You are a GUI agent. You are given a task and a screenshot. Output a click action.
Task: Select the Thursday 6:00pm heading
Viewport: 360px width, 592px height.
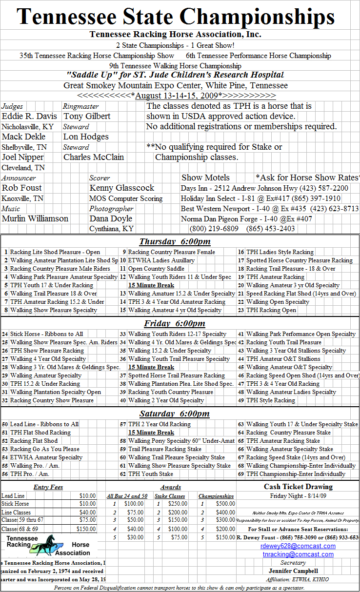point(175,242)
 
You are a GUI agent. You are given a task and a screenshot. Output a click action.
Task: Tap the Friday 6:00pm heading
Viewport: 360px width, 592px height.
point(175,324)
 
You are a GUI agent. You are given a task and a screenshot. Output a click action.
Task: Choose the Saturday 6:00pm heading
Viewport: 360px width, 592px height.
point(175,414)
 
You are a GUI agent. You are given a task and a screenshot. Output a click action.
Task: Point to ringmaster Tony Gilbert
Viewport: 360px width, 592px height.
point(87,117)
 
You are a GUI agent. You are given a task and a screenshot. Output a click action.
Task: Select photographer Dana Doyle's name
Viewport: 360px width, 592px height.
point(111,219)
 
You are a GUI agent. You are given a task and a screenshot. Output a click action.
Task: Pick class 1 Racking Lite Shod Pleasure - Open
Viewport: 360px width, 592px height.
point(55,252)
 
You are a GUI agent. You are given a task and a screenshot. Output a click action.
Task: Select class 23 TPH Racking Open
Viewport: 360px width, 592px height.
point(271,310)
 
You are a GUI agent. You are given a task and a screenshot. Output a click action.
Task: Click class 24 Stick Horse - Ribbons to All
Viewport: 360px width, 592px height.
point(46,334)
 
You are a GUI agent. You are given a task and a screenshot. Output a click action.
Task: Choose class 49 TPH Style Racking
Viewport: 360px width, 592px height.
point(270,400)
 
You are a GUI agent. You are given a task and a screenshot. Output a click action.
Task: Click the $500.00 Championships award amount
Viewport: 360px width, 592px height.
point(225,504)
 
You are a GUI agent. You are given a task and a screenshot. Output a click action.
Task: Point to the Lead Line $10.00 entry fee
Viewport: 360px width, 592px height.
point(88,495)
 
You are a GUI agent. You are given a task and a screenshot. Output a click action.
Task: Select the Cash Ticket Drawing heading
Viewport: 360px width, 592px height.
point(298,487)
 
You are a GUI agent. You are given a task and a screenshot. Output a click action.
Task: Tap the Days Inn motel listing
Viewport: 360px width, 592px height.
point(264,188)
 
